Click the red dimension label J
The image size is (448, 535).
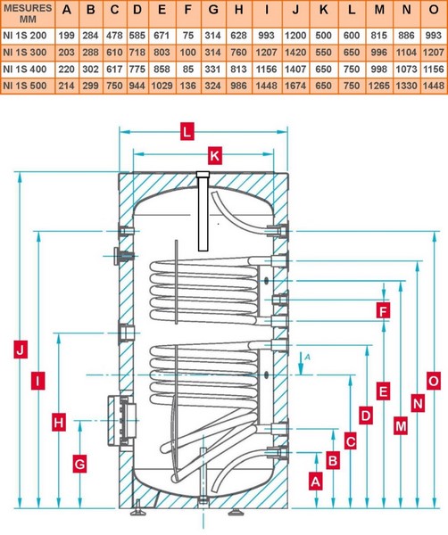point(21,350)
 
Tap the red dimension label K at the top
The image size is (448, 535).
point(215,155)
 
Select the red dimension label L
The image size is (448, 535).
point(187,131)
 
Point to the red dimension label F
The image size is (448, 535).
point(383,311)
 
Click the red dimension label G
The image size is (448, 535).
point(79,464)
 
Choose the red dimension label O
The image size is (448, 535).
point(434,381)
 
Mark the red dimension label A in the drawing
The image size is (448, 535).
point(316,481)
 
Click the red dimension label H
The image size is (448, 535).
point(59,423)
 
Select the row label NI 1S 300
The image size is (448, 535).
point(25,53)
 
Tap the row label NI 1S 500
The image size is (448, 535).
point(25,86)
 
